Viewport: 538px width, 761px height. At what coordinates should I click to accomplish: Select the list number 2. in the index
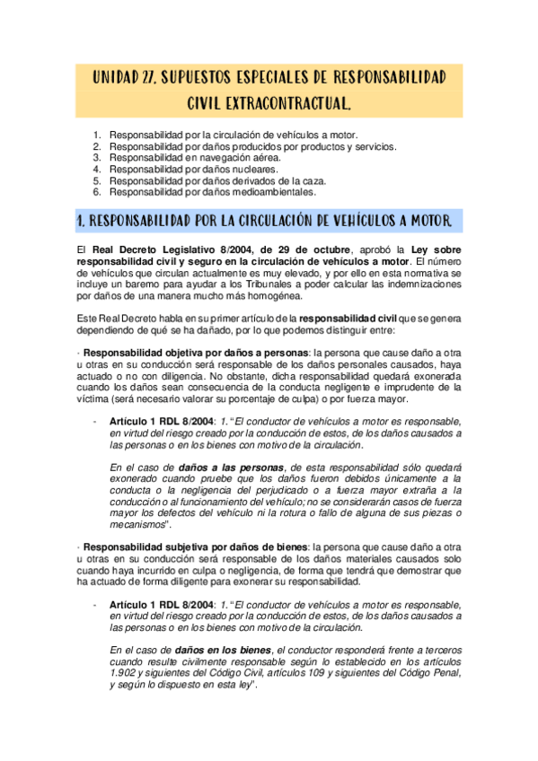tap(97, 146)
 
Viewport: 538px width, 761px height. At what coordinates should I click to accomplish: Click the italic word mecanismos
tap(138, 524)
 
